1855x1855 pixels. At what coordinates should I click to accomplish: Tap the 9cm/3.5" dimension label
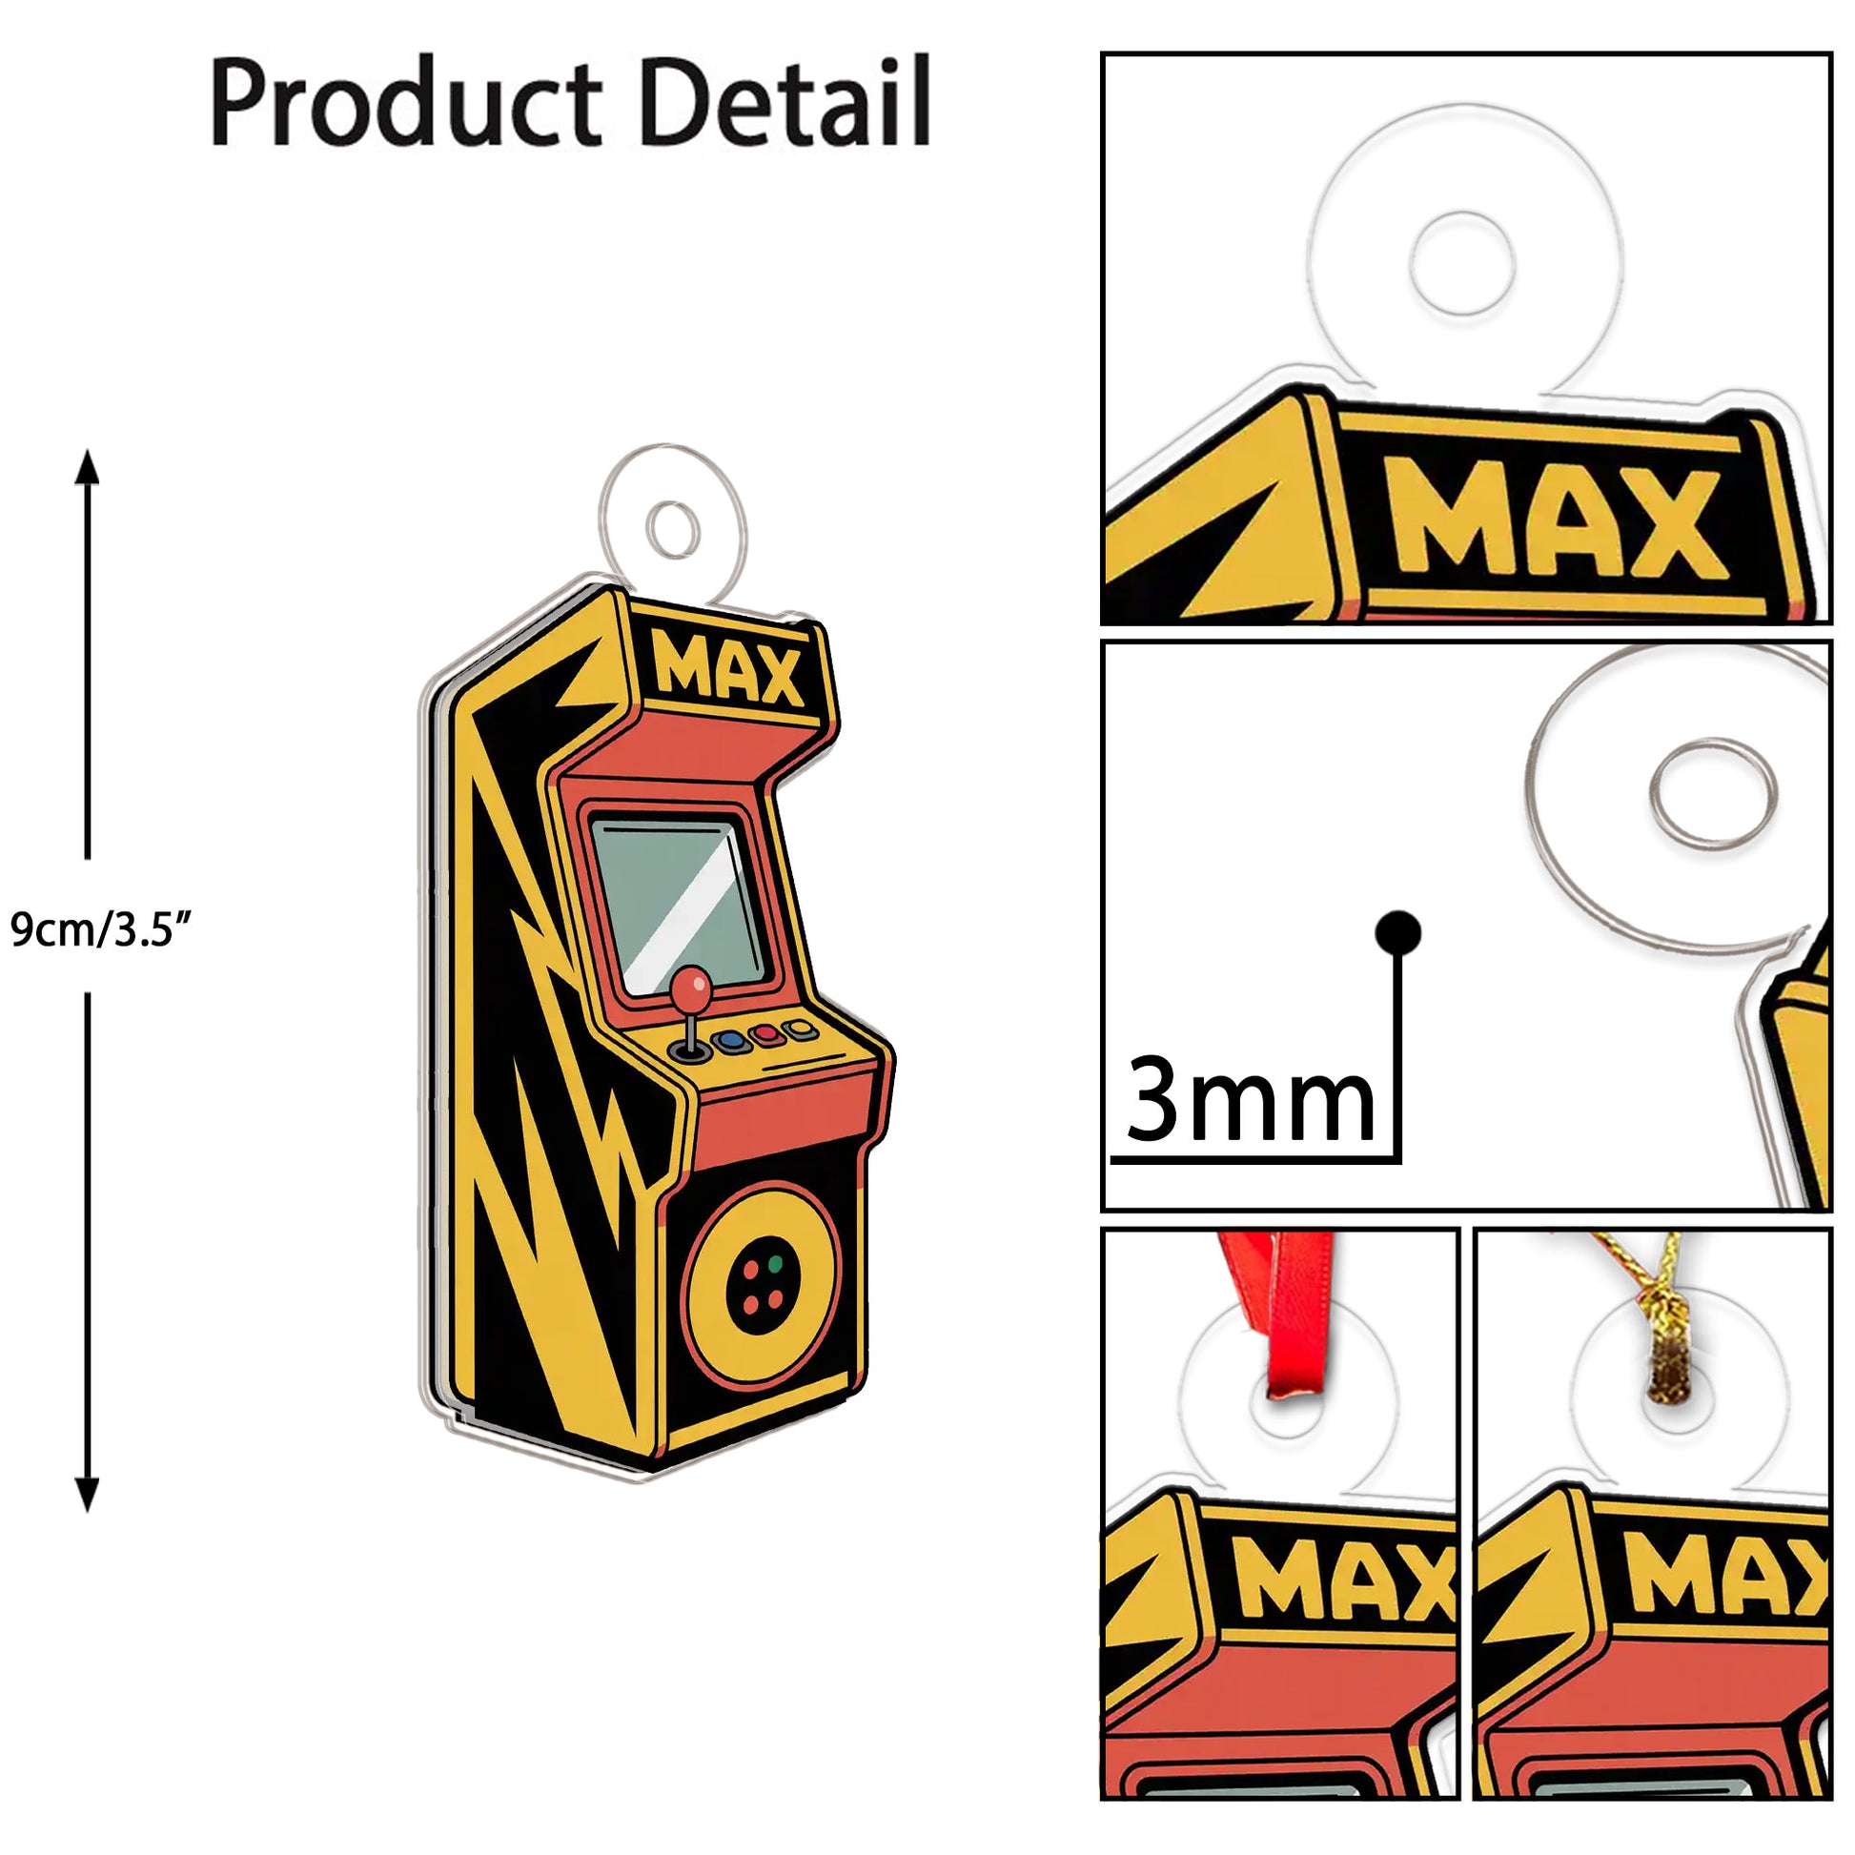pyautogui.click(x=102, y=929)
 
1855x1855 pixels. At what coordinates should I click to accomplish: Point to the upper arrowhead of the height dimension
pyautogui.click(x=88, y=468)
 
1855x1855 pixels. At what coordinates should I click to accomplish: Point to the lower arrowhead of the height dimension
pyautogui.click(x=88, y=1494)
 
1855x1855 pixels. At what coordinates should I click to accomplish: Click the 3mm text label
pyautogui.click(x=1250, y=1098)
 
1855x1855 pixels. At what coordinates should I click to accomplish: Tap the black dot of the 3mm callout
pyautogui.click(x=1398, y=931)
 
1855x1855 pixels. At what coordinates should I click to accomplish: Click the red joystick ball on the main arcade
pyautogui.click(x=691, y=988)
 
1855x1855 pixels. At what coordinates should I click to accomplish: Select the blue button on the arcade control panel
pyautogui.click(x=731, y=1039)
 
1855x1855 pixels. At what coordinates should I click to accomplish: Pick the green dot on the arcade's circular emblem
pyautogui.click(x=776, y=1264)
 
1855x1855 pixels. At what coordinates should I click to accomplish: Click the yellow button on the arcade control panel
pyautogui.click(x=800, y=1030)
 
